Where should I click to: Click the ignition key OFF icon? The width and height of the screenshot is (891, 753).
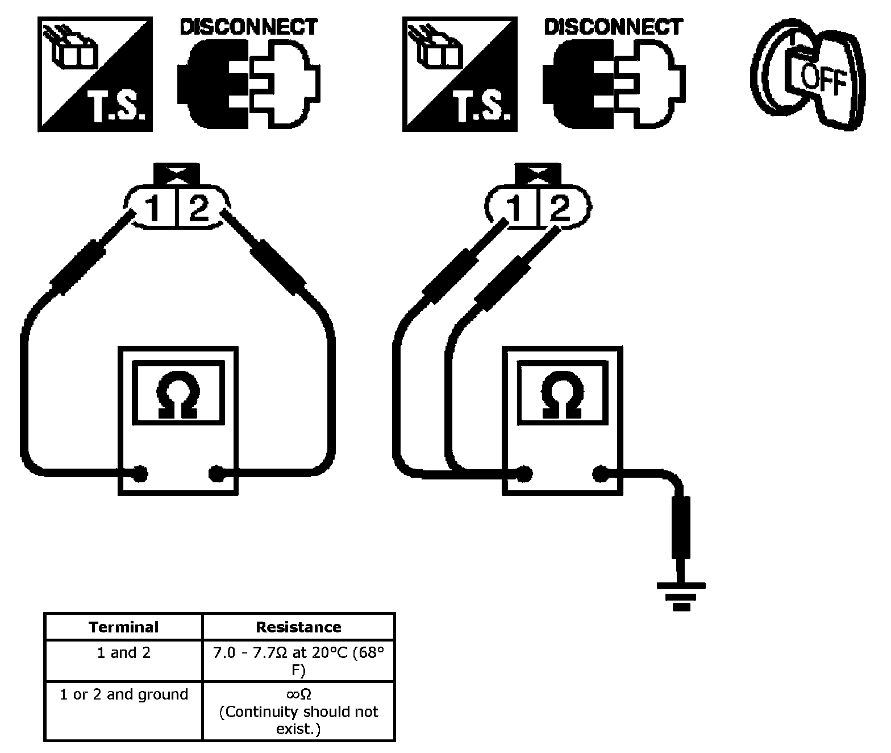tap(808, 75)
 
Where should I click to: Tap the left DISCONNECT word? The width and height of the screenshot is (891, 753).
tap(249, 27)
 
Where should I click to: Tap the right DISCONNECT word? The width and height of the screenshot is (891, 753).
tap(614, 27)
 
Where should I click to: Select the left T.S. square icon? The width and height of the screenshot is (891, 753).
tap(95, 75)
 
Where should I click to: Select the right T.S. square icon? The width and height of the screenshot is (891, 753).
tap(460, 75)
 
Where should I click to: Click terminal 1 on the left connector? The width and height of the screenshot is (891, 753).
tap(152, 208)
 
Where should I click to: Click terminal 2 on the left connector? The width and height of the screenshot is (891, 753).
tap(199, 208)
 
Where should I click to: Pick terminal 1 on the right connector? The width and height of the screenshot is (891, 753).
tap(514, 208)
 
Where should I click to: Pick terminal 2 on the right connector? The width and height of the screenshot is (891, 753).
tap(560, 208)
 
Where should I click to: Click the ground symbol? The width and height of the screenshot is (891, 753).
tap(681, 597)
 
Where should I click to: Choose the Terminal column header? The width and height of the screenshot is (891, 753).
tap(124, 627)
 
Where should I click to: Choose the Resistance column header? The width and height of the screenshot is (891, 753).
tap(299, 627)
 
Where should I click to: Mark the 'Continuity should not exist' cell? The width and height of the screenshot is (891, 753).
tap(299, 711)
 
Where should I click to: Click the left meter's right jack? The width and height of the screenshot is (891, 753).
tap(216, 474)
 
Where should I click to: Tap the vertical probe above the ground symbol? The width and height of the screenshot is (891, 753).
tap(681, 527)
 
